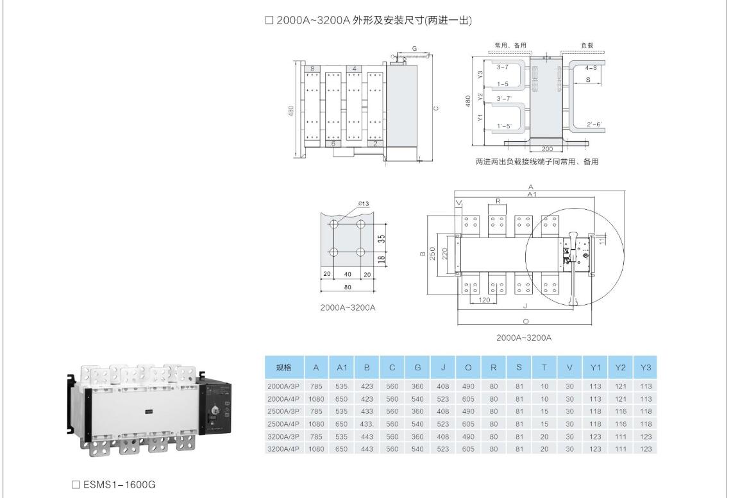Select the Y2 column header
620,368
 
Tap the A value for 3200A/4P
316,449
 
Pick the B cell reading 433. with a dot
367,424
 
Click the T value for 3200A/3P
544,436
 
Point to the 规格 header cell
283,368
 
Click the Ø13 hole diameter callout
364,204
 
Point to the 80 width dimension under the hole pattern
347,287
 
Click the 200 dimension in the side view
548,148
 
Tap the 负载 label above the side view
587,46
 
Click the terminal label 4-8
591,67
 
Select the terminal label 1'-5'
504,126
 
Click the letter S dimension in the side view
588,80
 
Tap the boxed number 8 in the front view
312,68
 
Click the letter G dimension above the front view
414,49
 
